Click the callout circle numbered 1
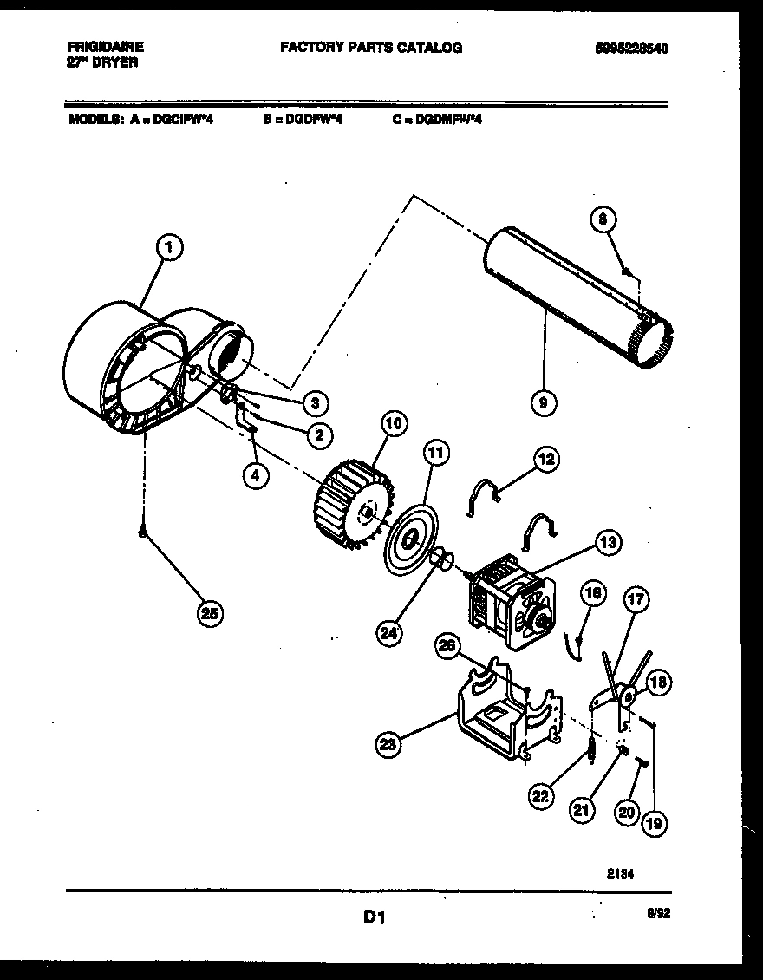[x=171, y=249]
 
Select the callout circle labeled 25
[x=208, y=614]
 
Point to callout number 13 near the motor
[x=607, y=544]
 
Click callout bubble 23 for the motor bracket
[x=388, y=742]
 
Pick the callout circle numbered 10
[x=392, y=423]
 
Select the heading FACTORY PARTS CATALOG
[x=370, y=48]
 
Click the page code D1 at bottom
[x=373, y=916]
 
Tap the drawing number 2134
[x=621, y=874]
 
